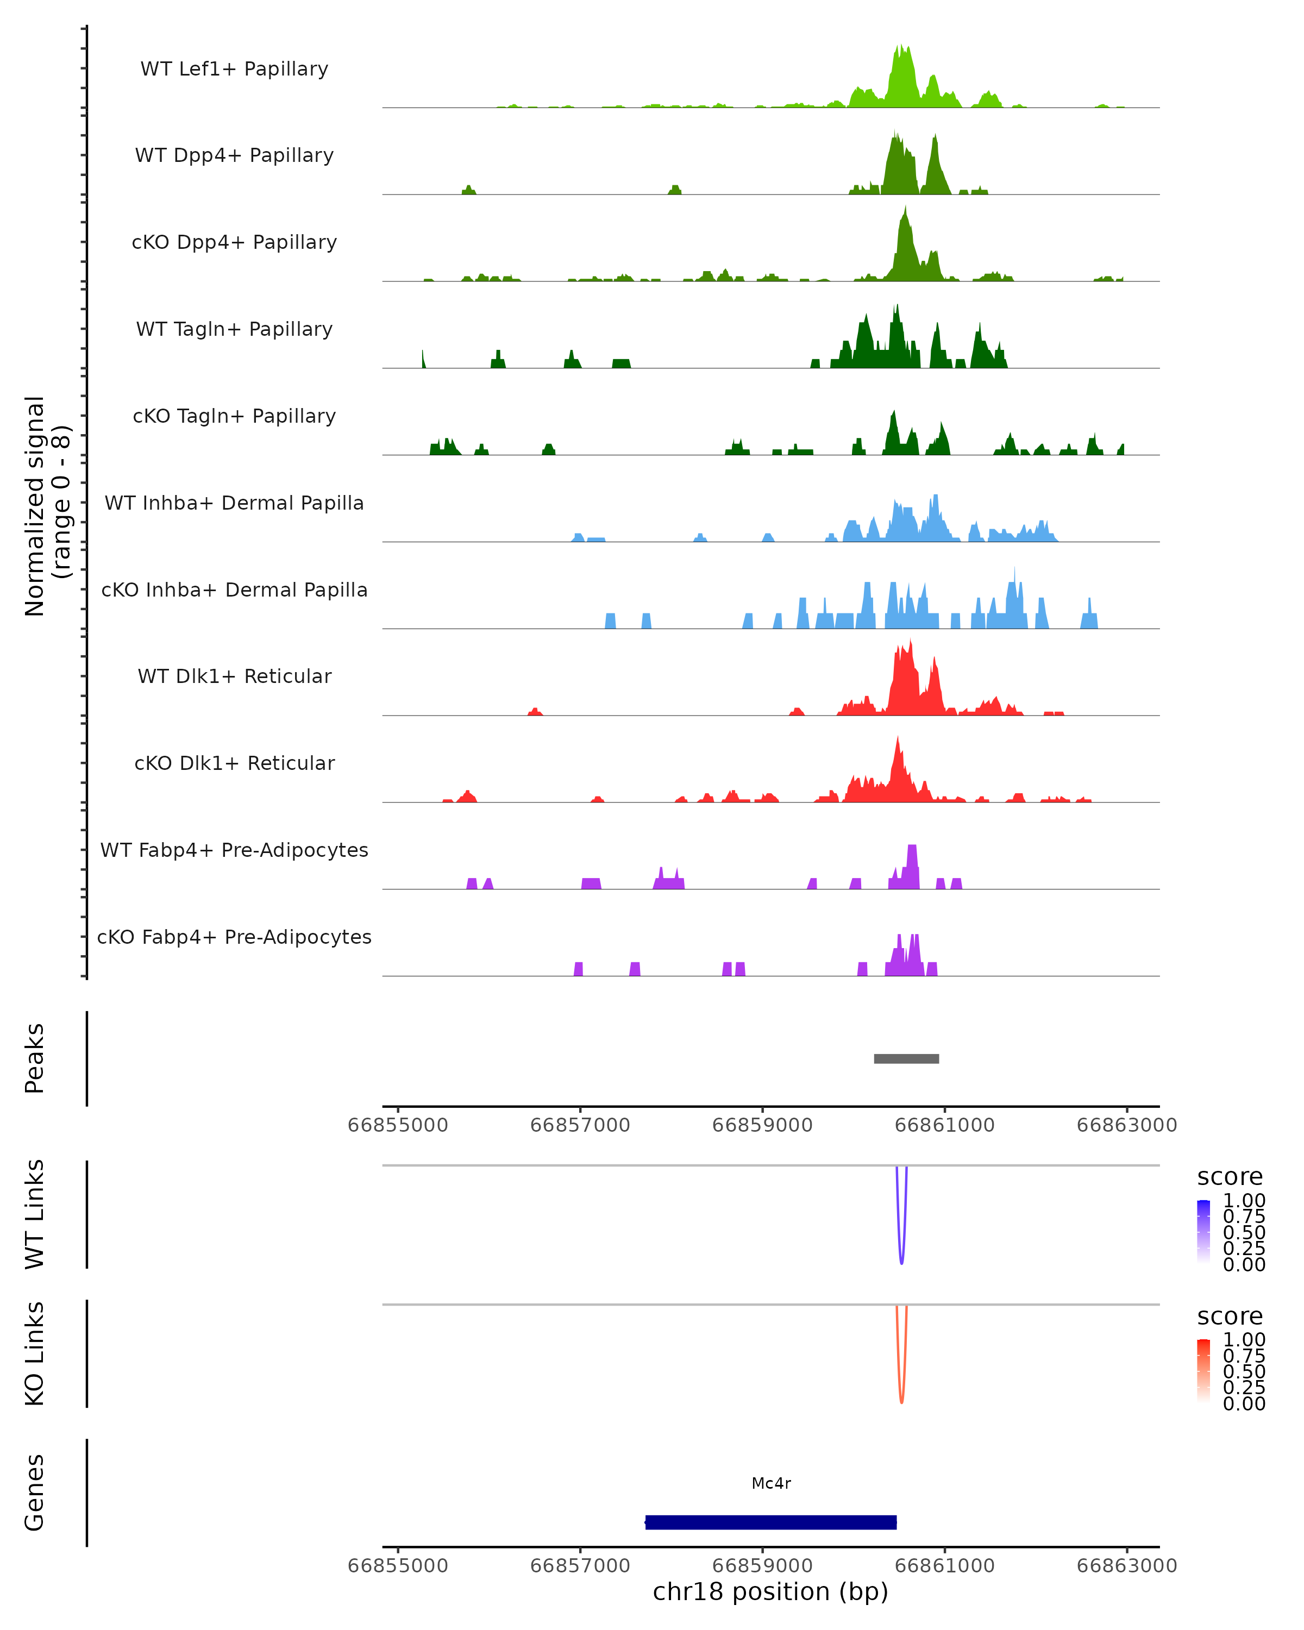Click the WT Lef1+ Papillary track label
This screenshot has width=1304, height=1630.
[x=234, y=69]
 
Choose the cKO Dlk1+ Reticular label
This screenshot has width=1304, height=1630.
[x=234, y=763]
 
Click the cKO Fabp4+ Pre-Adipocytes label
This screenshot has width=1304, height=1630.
[x=234, y=937]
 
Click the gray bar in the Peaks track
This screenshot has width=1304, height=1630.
[x=906, y=1058]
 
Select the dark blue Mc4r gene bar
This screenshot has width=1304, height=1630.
[x=771, y=1522]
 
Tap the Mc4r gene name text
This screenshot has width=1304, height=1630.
[x=771, y=1483]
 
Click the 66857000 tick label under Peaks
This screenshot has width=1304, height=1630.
[x=580, y=1125]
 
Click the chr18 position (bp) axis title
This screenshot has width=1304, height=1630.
[x=770, y=1592]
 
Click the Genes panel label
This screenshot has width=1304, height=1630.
[x=35, y=1493]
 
